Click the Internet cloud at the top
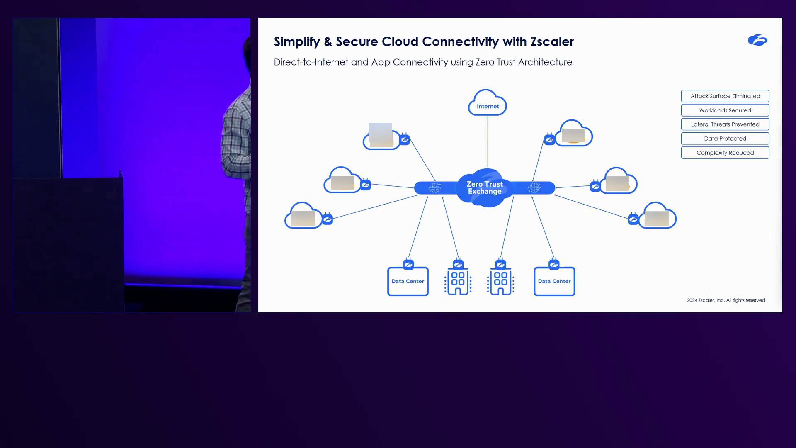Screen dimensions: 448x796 488,103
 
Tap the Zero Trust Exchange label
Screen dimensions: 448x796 485,187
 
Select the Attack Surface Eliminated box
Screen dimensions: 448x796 725,96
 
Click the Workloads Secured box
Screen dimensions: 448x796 725,110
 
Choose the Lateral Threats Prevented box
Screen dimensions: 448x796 725,124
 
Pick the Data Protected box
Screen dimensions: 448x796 725,139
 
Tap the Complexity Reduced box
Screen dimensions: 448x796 725,153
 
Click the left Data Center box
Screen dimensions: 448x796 408,281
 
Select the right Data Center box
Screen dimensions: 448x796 554,281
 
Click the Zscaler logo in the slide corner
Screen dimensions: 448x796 757,40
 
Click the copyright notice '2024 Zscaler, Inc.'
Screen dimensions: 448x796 726,300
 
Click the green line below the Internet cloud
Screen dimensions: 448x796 487,141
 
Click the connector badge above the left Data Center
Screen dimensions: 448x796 408,264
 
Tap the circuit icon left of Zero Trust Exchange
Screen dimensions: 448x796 435,188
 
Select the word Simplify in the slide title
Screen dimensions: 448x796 297,41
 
